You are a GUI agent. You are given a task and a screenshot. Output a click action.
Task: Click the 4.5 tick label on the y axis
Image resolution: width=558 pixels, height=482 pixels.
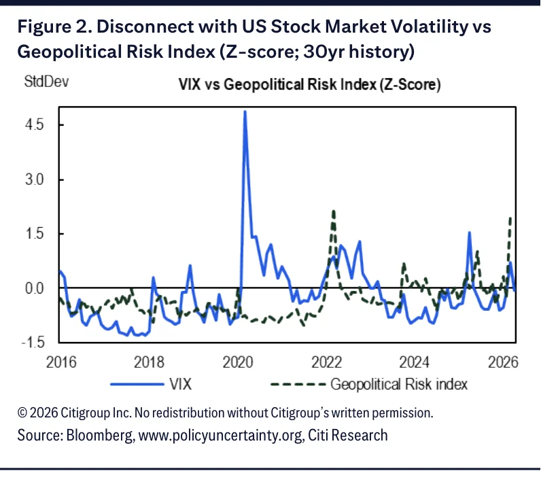click(34, 125)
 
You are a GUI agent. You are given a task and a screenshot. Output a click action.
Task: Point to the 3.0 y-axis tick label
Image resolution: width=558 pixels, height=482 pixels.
click(34, 179)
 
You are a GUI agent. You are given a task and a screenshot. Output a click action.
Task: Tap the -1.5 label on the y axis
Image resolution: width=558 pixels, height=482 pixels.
click(33, 343)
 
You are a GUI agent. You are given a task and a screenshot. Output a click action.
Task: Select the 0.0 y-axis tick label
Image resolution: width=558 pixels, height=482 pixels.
click(34, 288)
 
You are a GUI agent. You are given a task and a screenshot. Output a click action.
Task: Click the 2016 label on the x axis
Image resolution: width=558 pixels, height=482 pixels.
click(61, 362)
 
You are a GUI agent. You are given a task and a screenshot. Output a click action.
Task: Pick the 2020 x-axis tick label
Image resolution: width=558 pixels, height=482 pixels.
click(238, 362)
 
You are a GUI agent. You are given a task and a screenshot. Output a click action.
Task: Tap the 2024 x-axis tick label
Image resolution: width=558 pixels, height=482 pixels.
click(414, 362)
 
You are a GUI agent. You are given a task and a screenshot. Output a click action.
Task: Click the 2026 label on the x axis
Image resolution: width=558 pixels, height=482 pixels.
click(503, 362)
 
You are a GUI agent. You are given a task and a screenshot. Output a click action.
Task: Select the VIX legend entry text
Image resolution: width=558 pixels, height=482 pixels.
click(180, 385)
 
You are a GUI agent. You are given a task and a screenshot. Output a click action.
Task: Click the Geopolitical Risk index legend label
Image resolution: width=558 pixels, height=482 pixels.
click(399, 385)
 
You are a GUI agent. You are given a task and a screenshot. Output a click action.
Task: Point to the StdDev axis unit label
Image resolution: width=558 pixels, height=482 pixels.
click(46, 82)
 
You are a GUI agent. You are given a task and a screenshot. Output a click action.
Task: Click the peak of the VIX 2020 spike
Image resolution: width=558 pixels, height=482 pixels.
click(245, 111)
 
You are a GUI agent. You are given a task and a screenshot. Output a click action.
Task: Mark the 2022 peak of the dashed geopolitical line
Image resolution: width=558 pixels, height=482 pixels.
click(334, 211)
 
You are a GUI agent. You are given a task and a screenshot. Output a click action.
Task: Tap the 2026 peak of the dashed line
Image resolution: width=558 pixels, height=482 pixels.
click(510, 218)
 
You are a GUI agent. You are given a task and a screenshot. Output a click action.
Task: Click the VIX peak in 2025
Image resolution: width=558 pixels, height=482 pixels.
click(470, 233)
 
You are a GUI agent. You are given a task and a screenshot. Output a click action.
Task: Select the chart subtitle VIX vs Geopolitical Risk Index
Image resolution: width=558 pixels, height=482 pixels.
click(309, 85)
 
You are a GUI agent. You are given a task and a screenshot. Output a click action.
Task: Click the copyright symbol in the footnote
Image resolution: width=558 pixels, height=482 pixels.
click(22, 413)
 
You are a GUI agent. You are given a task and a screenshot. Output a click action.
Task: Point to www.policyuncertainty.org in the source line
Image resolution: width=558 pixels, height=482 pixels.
click(221, 435)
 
